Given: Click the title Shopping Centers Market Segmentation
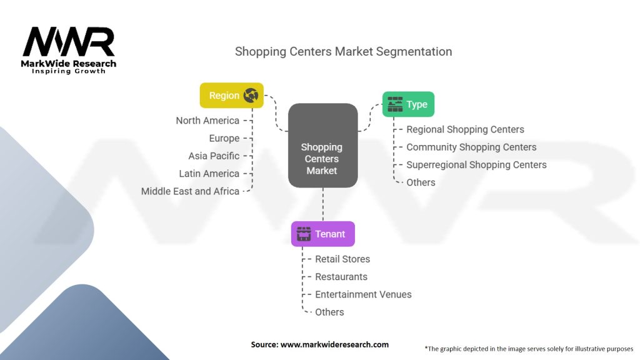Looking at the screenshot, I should click(x=343, y=51).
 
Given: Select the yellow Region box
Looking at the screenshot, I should click(x=231, y=96).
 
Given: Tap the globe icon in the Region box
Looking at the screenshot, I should click(x=251, y=96).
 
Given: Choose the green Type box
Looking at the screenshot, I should click(x=408, y=104).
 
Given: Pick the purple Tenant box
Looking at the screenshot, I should click(x=322, y=234).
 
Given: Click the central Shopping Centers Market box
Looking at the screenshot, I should click(x=322, y=146).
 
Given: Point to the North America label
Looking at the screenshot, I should click(x=207, y=121).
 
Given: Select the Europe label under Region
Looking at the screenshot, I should click(x=224, y=138).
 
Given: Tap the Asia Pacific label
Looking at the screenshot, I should click(x=214, y=156).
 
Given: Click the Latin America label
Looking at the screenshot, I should click(x=209, y=173).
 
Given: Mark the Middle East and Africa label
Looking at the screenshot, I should click(x=190, y=191).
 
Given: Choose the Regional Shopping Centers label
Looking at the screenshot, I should click(x=465, y=129).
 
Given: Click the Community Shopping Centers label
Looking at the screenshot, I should click(x=471, y=147).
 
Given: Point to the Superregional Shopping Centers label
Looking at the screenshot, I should click(x=476, y=165).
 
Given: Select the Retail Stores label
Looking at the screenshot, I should click(x=342, y=259).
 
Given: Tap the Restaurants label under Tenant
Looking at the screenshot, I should click(x=341, y=276).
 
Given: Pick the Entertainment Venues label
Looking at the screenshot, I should click(x=363, y=294).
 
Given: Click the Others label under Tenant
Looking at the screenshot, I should click(x=329, y=312).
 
